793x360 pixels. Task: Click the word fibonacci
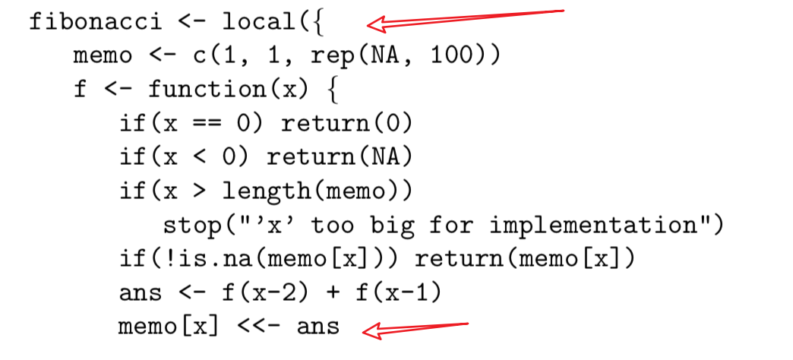click(x=95, y=21)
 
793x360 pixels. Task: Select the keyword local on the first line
click(x=259, y=21)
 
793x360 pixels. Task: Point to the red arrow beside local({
click(x=463, y=19)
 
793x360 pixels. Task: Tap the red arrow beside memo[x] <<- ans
click(x=415, y=328)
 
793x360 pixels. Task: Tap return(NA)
click(x=340, y=156)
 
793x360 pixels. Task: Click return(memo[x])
click(x=525, y=259)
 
